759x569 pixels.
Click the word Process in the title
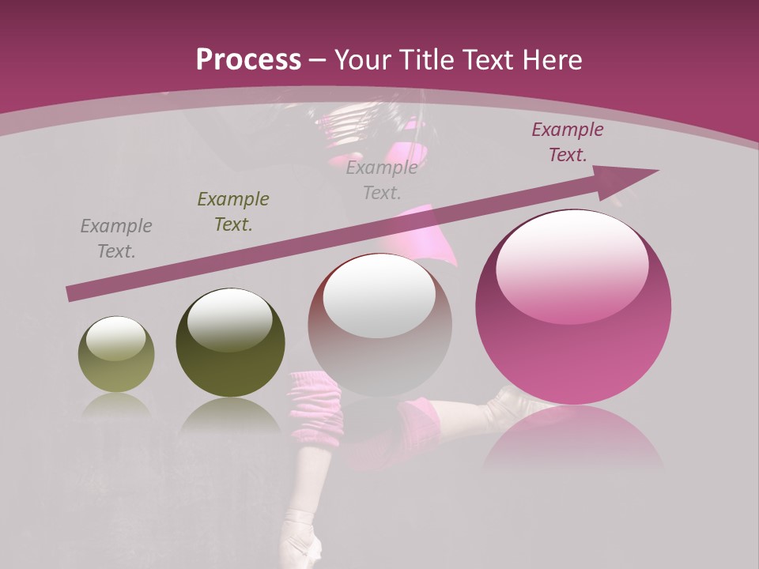(248, 60)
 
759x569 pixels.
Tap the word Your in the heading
(363, 60)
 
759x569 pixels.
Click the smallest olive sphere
(116, 354)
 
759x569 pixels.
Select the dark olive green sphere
(230, 343)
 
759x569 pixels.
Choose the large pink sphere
(573, 308)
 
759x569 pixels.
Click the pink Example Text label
(567, 142)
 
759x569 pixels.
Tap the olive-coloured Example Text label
(233, 212)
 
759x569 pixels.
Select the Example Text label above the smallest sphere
(116, 239)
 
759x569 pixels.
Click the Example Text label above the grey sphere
(382, 180)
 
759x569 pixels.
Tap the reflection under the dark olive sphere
(230, 414)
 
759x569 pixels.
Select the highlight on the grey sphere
(379, 296)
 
